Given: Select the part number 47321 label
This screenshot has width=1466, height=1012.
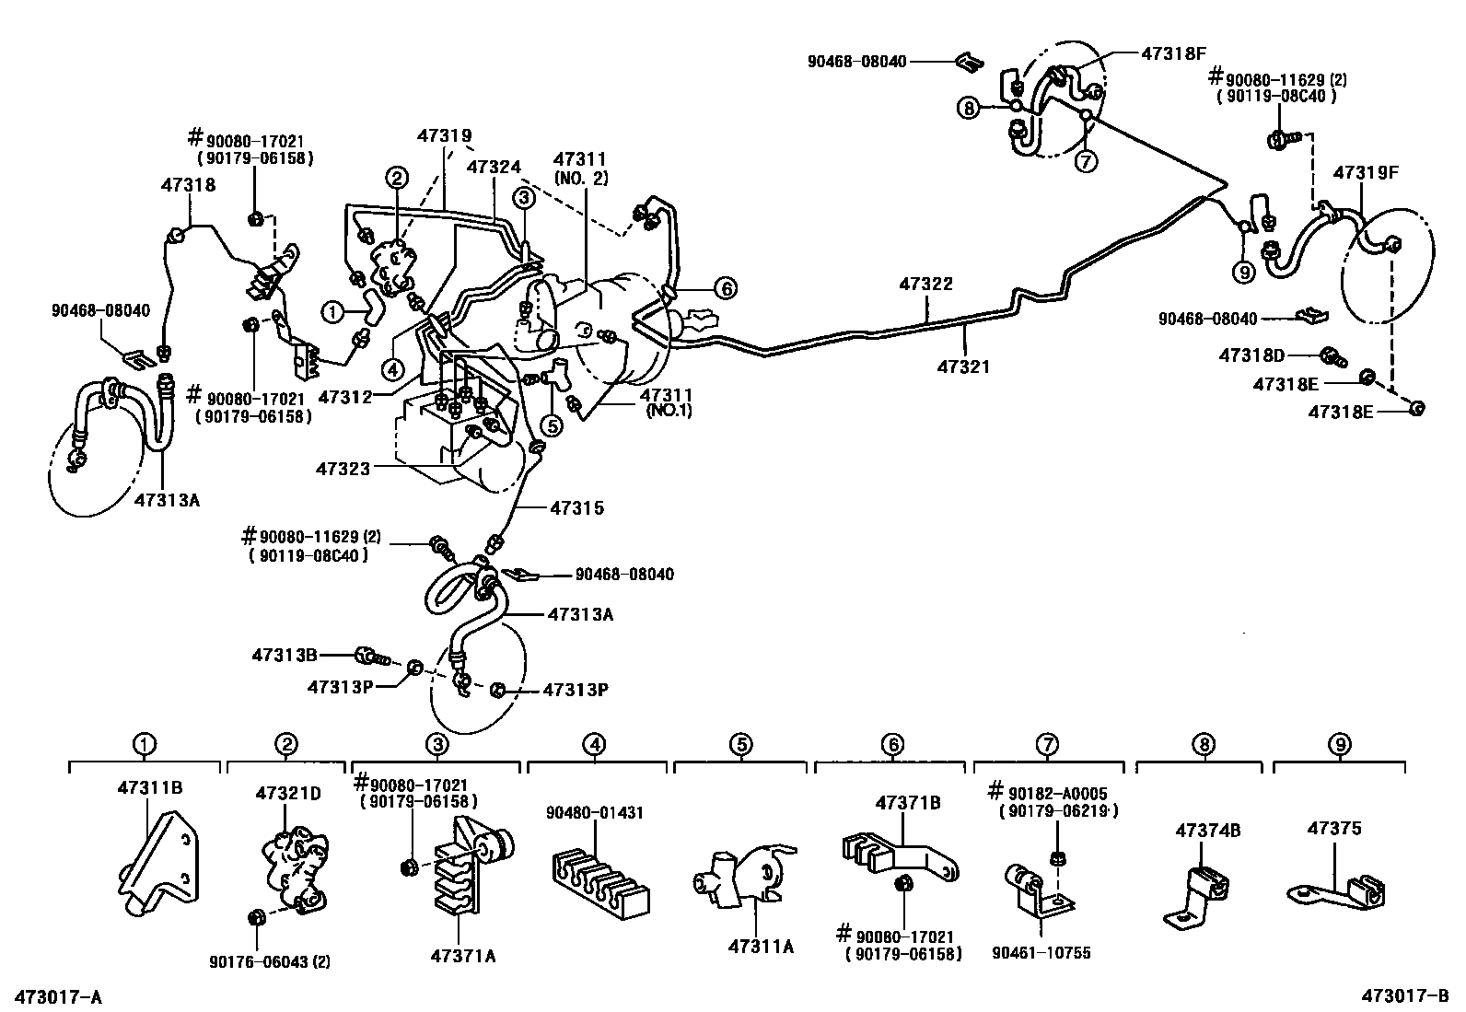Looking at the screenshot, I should coord(964,366).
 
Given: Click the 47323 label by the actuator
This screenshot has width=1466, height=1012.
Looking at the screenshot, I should coord(343,469).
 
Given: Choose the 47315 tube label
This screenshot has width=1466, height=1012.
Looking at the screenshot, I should coord(577,507).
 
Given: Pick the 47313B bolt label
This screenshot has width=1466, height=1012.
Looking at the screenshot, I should coord(285,655).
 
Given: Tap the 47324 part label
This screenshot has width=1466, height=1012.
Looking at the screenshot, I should coord(494,167).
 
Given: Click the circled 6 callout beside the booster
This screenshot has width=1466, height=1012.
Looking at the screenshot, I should coord(725,289).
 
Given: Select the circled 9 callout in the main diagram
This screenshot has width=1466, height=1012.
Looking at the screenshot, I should coord(1243,272).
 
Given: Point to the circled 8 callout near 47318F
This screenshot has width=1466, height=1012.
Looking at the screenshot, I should coord(968,109).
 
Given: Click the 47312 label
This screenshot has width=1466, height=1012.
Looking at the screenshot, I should coord(344,397).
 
